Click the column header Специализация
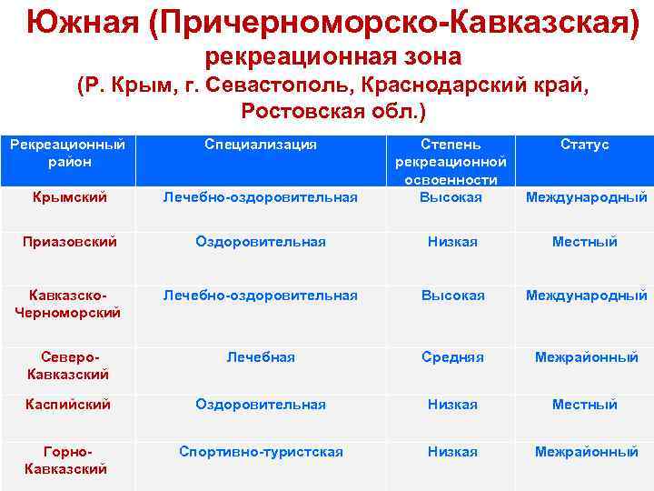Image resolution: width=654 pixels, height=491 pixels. [x=261, y=145]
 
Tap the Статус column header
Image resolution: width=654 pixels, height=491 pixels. [x=585, y=145]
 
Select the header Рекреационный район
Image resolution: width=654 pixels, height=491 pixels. [x=67, y=153]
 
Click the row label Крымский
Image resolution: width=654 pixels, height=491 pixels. [x=67, y=196]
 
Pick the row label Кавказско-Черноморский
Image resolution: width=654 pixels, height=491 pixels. [x=67, y=304]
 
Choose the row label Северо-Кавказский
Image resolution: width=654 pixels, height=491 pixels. [x=67, y=366]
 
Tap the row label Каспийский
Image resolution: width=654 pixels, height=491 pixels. [x=67, y=404]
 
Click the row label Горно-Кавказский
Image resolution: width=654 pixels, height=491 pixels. [x=67, y=460]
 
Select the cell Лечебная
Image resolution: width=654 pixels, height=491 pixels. [x=261, y=357]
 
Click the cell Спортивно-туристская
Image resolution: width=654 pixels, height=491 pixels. [x=261, y=452]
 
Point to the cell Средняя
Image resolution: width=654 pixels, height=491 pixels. [x=452, y=357]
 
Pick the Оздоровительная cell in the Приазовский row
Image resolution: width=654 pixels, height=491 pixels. [x=261, y=242]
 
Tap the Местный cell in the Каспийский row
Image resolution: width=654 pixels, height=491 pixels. [x=585, y=404]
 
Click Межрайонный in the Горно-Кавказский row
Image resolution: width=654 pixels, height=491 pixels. [x=586, y=452]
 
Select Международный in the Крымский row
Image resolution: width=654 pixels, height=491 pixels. [x=587, y=196]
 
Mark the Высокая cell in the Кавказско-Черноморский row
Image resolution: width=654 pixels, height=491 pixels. [x=452, y=296]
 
